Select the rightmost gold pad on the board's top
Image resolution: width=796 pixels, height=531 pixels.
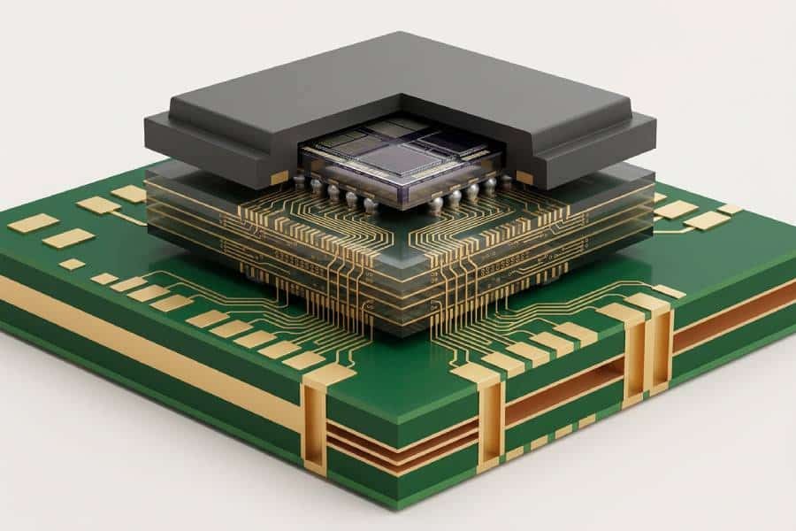(x=731, y=209)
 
